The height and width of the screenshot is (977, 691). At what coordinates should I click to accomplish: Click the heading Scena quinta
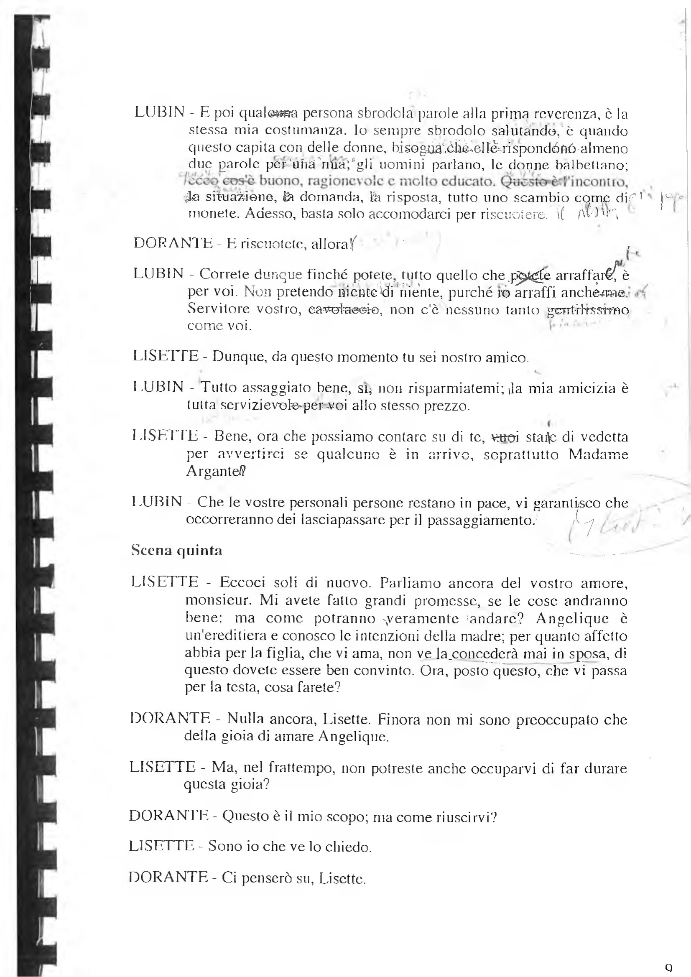(176, 550)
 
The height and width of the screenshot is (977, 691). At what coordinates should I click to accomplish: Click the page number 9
(668, 968)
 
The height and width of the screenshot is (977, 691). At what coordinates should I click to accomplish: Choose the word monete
(213, 214)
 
